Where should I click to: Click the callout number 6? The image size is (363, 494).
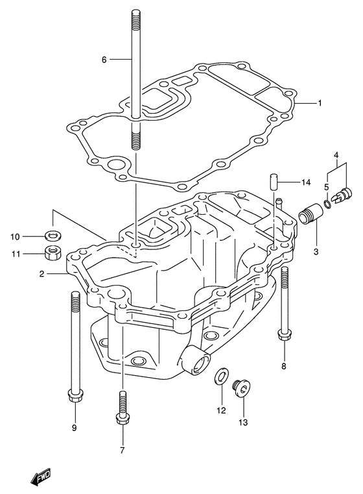click(x=104, y=59)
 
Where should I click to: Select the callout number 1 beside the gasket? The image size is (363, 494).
click(x=320, y=103)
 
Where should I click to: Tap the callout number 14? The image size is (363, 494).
click(x=305, y=182)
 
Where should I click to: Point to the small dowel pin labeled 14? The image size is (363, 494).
click(x=274, y=181)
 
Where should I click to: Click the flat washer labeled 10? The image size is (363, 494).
click(x=53, y=235)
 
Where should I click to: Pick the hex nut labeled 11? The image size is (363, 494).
click(x=53, y=253)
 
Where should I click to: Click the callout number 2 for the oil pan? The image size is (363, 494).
click(x=41, y=274)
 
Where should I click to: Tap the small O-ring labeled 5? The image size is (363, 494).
click(x=327, y=204)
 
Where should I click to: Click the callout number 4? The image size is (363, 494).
click(x=336, y=155)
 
